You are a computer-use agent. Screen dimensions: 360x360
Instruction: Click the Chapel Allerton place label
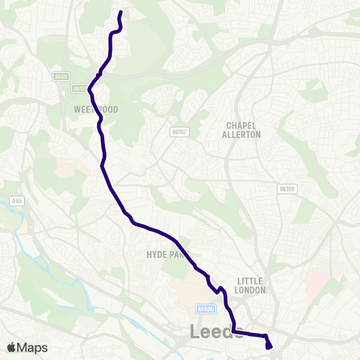coord(241,130)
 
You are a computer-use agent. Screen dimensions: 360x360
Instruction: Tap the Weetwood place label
coord(97,109)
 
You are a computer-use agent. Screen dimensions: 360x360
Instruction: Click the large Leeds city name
coord(216,331)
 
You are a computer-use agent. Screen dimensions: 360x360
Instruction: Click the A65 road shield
coord(16,201)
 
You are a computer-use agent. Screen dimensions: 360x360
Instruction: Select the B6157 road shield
coord(178,131)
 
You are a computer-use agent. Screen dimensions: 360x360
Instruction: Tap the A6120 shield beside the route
coord(79,88)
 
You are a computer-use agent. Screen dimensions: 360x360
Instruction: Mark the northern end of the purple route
coord(120,12)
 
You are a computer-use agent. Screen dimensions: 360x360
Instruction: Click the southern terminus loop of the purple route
coord(268,345)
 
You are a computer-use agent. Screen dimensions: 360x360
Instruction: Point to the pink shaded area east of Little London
coord(316,283)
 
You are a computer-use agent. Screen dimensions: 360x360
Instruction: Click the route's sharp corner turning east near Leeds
coord(233,331)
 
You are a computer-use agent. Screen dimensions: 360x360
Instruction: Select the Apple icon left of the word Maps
coord(11,347)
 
